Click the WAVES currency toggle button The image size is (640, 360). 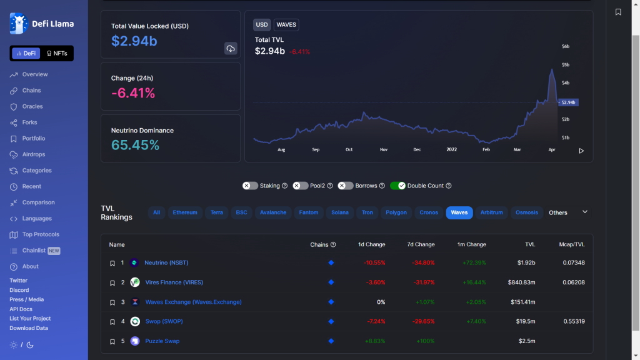[286, 25]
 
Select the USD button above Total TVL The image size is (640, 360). [262, 25]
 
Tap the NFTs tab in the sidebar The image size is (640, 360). [57, 54]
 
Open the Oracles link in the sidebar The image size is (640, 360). [32, 106]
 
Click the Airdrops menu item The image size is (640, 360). [34, 154]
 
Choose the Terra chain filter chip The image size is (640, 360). [217, 212]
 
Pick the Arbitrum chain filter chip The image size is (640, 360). [491, 212]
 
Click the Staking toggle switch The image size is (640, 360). [250, 186]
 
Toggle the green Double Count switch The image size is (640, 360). [397, 186]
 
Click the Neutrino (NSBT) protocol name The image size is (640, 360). [166, 263]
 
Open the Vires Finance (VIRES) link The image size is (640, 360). [174, 282]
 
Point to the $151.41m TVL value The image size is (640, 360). [523, 302]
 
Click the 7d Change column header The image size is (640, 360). [421, 244]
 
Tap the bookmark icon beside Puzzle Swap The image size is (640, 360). [112, 342]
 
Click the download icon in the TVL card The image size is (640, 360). [231, 49]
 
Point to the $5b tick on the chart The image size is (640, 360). [565, 65]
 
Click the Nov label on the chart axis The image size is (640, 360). [384, 150]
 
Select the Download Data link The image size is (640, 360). [29, 328]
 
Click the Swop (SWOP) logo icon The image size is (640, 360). [135, 322]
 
